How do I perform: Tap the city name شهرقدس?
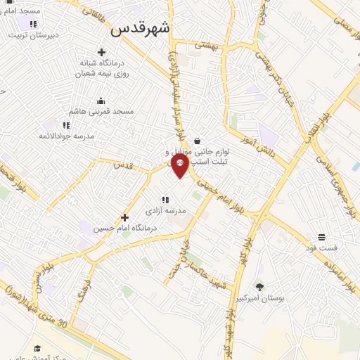pyautogui.click(x=141, y=29)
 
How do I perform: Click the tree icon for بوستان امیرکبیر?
pyautogui.click(x=259, y=286)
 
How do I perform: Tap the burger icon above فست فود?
pyautogui.click(x=321, y=236)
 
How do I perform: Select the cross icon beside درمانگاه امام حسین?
pyautogui.click(x=125, y=218)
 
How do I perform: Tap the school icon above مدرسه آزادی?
pyautogui.click(x=166, y=199)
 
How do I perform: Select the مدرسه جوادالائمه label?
pyautogui.click(x=66, y=135)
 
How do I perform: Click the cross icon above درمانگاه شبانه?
pyautogui.click(x=102, y=52)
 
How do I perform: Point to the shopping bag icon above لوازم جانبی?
pyautogui.click(x=197, y=141)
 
